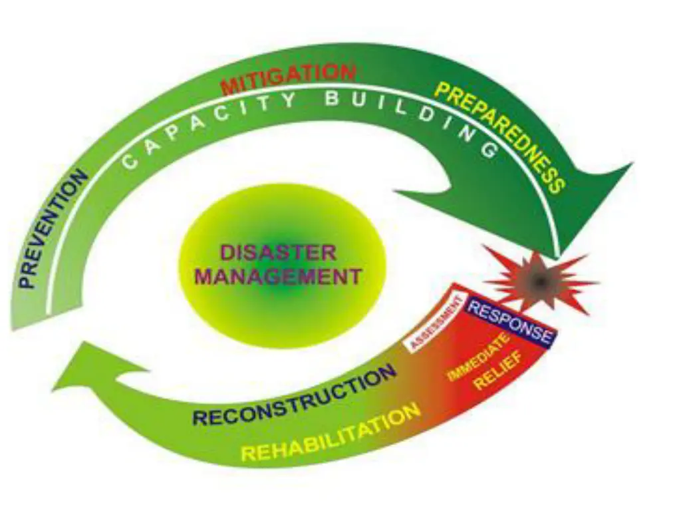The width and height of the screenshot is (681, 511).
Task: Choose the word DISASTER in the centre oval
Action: click(278, 253)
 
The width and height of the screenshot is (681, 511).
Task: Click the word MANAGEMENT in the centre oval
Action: click(278, 275)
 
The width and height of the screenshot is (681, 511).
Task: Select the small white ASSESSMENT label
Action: click(436, 323)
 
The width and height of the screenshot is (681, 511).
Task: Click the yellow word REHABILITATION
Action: click(331, 433)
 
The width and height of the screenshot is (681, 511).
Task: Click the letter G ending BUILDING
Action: click(489, 150)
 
